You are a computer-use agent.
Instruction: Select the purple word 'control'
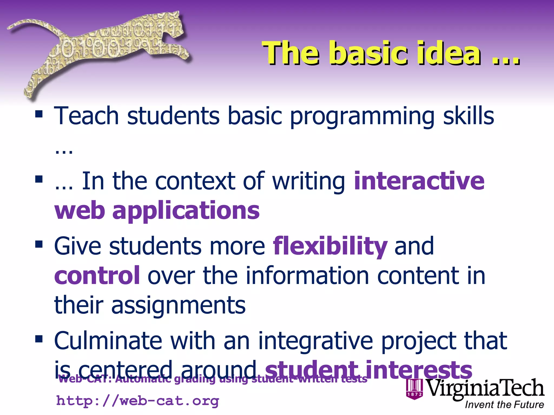tap(97, 276)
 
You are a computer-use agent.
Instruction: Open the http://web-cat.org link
tap(137, 401)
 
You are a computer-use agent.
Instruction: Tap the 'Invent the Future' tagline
tap(504, 404)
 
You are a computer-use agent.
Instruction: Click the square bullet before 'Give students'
tap(39, 244)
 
